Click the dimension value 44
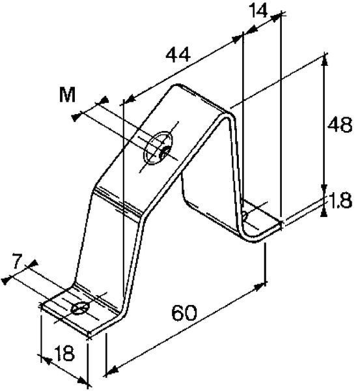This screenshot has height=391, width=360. [178, 55]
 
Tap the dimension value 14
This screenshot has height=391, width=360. [258, 11]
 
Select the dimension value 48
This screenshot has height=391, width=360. [340, 124]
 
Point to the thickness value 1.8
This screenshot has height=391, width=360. [340, 201]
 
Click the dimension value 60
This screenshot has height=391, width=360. [184, 313]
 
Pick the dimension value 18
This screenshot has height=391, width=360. [64, 353]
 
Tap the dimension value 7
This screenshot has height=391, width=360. [17, 261]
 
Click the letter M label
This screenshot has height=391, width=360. [67, 94]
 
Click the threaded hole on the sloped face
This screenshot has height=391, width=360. [158, 148]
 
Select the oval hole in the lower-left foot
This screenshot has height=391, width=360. [80, 308]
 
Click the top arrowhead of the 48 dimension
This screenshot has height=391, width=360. [324, 61]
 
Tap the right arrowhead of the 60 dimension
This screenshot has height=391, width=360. [259, 287]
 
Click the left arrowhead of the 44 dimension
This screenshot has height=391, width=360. [130, 98]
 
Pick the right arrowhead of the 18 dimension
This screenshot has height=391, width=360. [82, 380]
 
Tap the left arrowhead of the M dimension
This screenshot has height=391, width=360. [76, 117]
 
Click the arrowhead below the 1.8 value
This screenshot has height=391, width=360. [324, 212]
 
